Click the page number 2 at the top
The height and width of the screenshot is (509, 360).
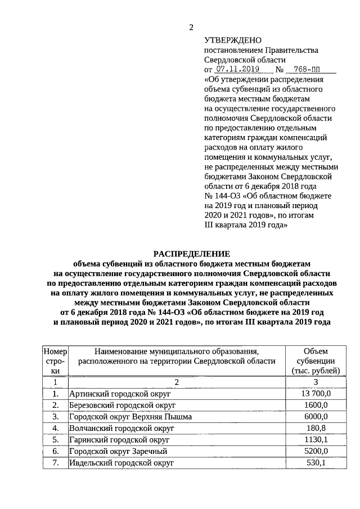pos(191,28)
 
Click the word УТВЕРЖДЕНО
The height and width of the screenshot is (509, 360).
pos(232,40)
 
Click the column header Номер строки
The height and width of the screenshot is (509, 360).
pos(55,361)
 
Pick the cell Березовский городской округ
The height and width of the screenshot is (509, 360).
pos(124,405)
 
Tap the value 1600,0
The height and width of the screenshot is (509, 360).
pos(319,405)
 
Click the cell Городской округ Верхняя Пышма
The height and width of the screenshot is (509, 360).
pos(130,417)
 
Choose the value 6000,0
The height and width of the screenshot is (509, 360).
pos(319,417)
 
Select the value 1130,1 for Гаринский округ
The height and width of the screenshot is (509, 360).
pos(319,439)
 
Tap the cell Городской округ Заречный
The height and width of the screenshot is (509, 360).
pos(118,451)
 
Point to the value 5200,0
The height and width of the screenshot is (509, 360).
pos(319,451)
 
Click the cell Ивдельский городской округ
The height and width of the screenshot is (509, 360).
pos(121,462)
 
